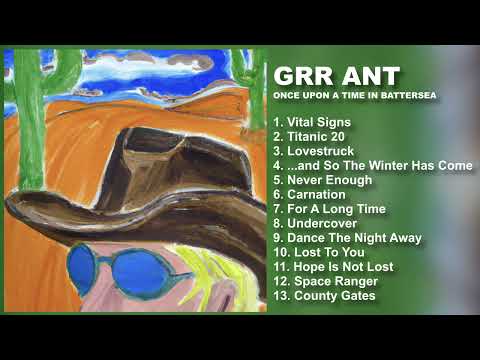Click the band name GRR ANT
pos(336,77)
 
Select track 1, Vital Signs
pos(312,121)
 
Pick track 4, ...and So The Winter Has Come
pos(372,165)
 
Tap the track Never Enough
pos(322,180)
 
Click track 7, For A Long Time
pos(329,209)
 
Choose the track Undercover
pos(315,223)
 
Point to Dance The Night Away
pos(347,238)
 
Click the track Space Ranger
pos(322,281)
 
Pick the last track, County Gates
pos(324,296)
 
